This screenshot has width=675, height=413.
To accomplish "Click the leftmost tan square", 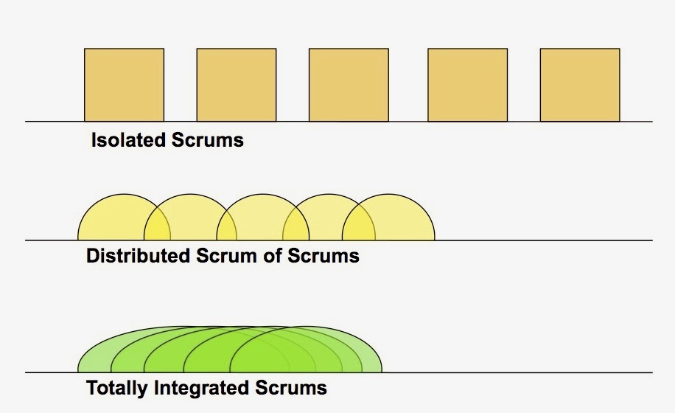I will [x=124, y=85].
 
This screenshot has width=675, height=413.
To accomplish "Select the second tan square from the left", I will [x=236, y=85].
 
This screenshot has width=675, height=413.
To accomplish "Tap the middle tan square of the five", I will [x=349, y=85].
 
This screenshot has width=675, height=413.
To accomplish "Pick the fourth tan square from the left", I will [x=467, y=85].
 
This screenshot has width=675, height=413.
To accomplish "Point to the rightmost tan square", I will [x=580, y=85].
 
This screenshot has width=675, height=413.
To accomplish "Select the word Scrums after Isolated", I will [x=207, y=139].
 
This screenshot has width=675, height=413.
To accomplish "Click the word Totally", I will [x=114, y=387].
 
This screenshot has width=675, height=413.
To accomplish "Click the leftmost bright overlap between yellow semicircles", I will [x=157, y=226].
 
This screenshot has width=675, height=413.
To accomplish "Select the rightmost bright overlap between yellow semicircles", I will [x=359, y=226].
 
